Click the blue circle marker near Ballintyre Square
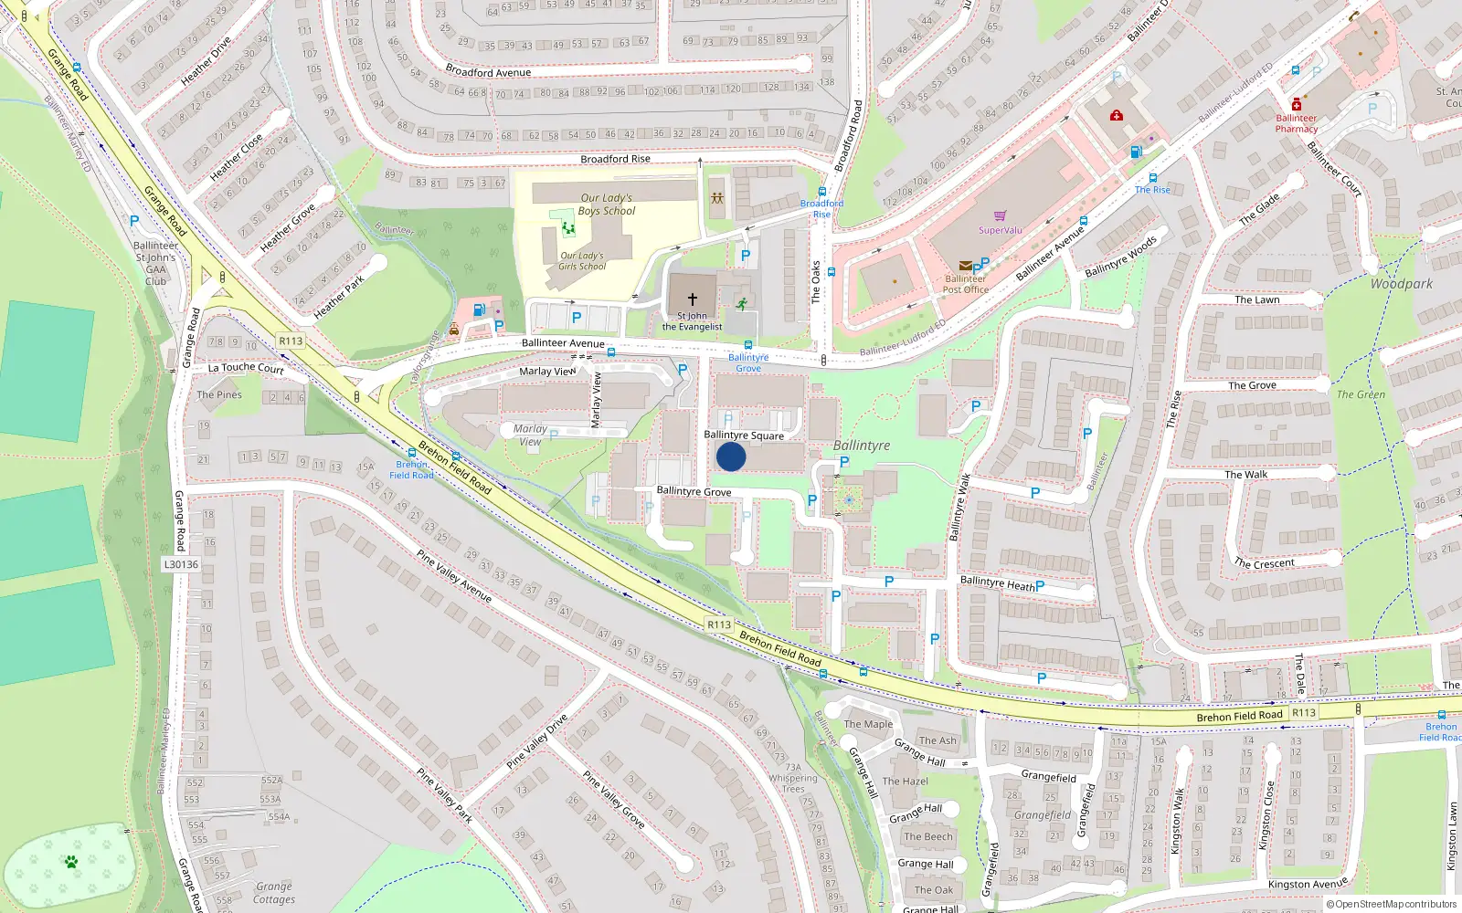(731, 456)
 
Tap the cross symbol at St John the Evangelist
(692, 299)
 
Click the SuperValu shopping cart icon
(1000, 216)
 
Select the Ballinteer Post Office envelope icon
(965, 267)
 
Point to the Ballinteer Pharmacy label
(1297, 123)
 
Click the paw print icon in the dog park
(70, 862)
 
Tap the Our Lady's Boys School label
(606, 205)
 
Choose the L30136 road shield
(181, 564)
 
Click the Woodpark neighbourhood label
(1401, 284)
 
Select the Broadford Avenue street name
(488, 72)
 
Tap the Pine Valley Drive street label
(537, 740)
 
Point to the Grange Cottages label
(274, 893)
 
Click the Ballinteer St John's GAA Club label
(156, 263)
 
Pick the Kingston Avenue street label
(1308, 884)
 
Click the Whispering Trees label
(793, 783)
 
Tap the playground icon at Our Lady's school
(568, 227)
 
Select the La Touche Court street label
(246, 368)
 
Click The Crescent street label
(1265, 563)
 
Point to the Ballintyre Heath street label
(998, 582)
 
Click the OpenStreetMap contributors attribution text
(1392, 904)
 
